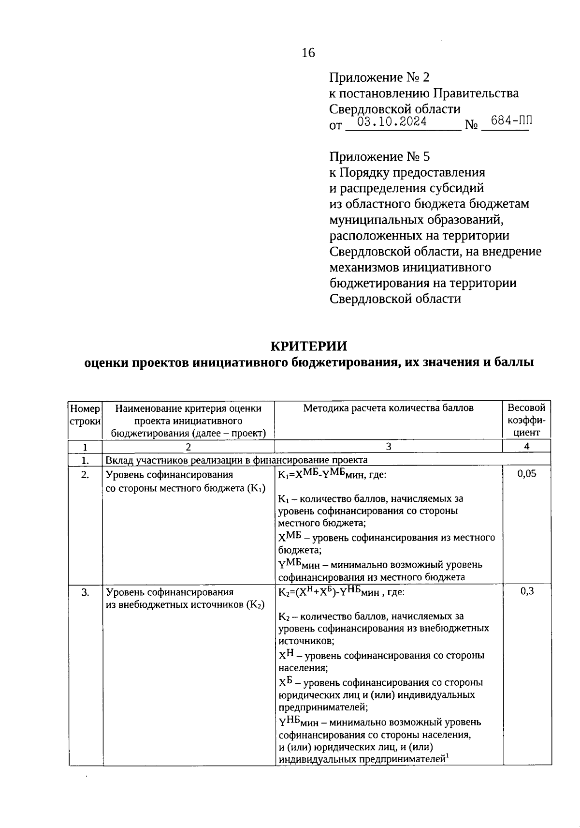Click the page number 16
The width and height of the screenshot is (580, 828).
pyautogui.click(x=308, y=52)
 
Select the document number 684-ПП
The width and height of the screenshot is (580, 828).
pyautogui.click(x=511, y=120)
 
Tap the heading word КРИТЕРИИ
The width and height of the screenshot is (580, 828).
pyautogui.click(x=308, y=346)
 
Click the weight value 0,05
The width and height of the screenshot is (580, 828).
pyautogui.click(x=527, y=474)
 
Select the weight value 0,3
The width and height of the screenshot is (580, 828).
pyautogui.click(x=527, y=591)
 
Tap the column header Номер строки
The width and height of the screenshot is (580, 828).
pyautogui.click(x=85, y=415)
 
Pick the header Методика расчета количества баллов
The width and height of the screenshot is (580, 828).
pyautogui.click(x=388, y=408)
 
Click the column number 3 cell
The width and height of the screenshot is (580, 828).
pyautogui.click(x=388, y=446)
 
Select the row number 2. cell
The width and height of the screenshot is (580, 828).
pyautogui.click(x=85, y=475)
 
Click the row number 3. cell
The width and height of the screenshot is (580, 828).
pyautogui.click(x=85, y=592)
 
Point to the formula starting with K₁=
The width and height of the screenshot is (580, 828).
pyautogui.click(x=332, y=474)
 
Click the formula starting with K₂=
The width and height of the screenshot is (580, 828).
pyautogui.click(x=341, y=591)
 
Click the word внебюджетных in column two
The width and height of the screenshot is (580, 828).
pyautogui.click(x=151, y=604)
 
